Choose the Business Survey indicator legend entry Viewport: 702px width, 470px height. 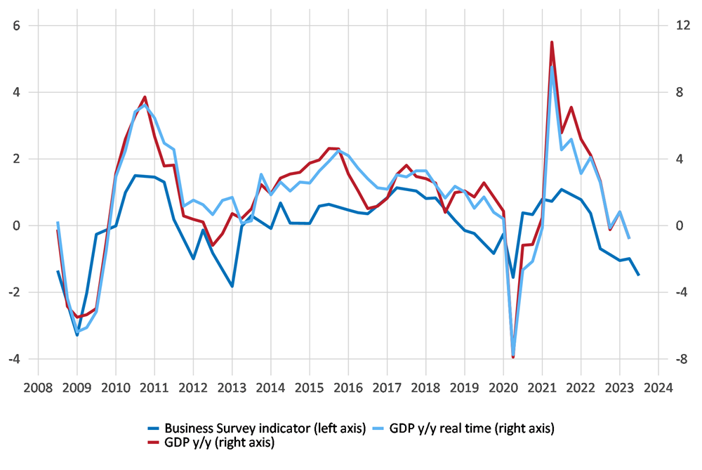(x=256, y=428)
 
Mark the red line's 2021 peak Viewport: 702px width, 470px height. (x=552, y=42)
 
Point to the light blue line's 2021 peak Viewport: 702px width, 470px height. (x=552, y=67)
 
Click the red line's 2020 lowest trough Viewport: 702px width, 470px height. (x=513, y=358)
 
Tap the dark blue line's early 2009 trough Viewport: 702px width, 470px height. (x=77, y=335)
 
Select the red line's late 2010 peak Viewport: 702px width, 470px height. (x=145, y=97)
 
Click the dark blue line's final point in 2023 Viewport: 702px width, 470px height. (x=639, y=275)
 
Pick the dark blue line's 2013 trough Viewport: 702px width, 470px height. (x=232, y=286)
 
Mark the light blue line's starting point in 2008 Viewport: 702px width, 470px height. (x=58, y=222)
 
